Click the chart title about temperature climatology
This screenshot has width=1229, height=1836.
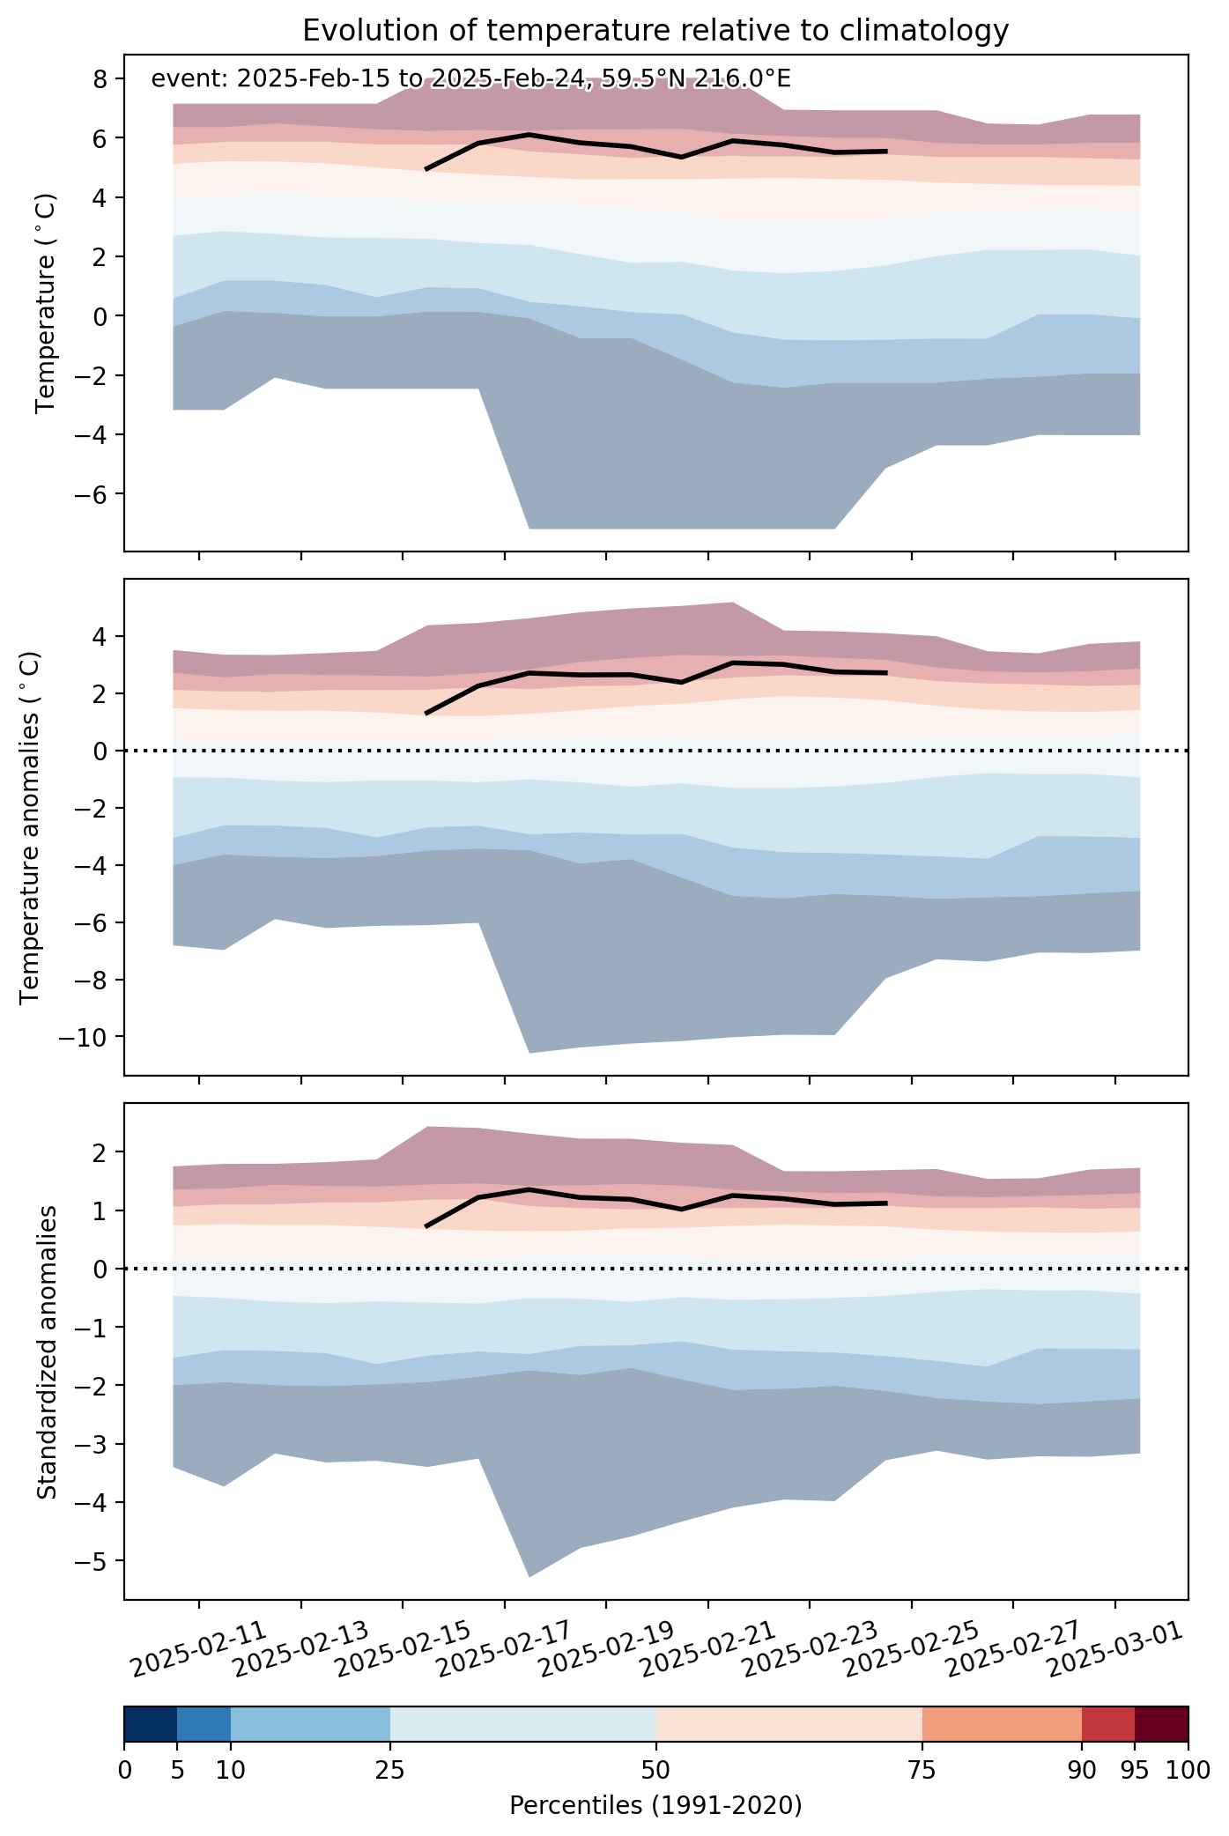(655, 31)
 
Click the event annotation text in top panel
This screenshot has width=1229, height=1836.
(470, 79)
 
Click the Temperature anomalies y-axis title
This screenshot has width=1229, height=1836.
(30, 827)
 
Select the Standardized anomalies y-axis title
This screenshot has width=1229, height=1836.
(48, 1351)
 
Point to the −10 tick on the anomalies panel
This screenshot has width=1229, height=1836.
(86, 1037)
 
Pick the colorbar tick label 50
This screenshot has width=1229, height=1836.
(655, 1770)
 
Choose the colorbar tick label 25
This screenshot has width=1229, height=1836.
(389, 1770)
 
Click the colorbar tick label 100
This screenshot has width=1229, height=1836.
(1189, 1770)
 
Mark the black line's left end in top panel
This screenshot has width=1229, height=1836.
(426, 169)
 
